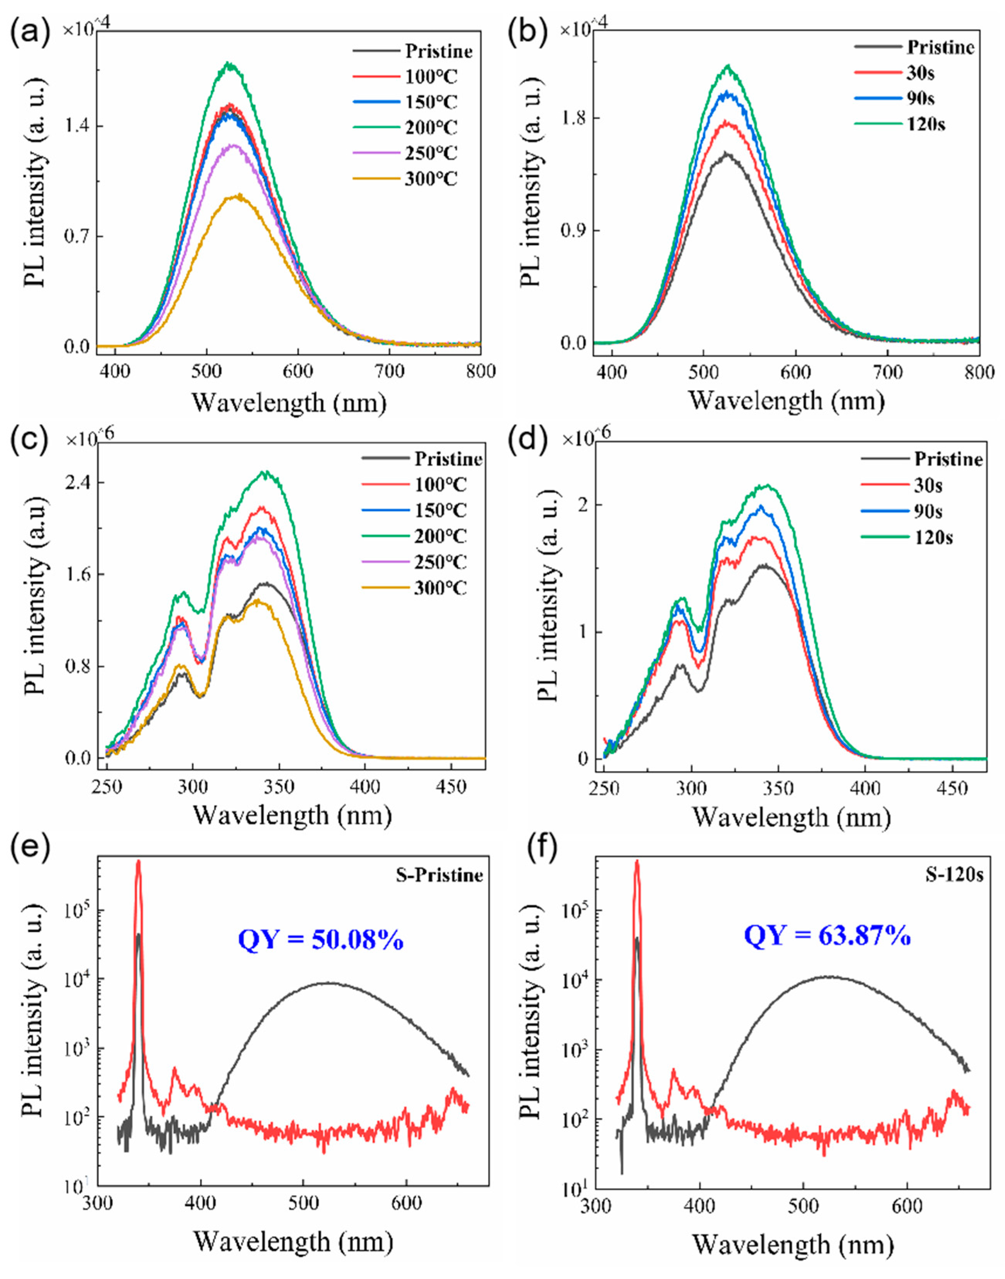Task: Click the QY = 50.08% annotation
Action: (x=321, y=940)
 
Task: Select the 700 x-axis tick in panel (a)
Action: (x=390, y=371)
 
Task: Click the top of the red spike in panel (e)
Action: (x=139, y=861)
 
